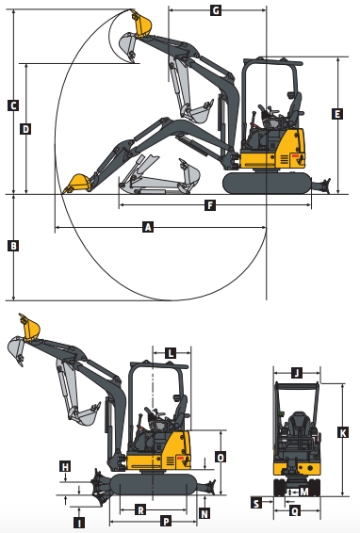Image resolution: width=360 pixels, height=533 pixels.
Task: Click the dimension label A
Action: (147, 226)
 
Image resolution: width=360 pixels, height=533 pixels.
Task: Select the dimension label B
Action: (13, 247)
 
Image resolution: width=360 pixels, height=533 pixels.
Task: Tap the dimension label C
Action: (13, 105)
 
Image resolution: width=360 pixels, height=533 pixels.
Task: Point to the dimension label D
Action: (25, 128)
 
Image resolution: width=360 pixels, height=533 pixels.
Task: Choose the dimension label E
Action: (337, 114)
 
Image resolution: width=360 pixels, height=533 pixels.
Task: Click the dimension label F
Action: (209, 204)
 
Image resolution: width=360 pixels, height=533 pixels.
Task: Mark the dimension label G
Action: (215, 10)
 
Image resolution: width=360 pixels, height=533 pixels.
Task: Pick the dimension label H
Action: (65, 466)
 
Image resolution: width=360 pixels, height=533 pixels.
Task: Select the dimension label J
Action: (296, 373)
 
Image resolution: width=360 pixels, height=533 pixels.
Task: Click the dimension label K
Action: (341, 432)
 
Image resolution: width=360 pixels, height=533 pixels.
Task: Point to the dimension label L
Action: (170, 353)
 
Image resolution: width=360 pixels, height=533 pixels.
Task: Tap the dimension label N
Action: (205, 513)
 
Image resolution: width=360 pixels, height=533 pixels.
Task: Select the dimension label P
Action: (166, 520)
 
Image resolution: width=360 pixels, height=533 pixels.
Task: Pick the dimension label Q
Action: (294, 511)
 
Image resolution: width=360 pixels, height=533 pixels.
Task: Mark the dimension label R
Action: (140, 509)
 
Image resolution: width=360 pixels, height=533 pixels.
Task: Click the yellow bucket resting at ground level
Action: (76, 182)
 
